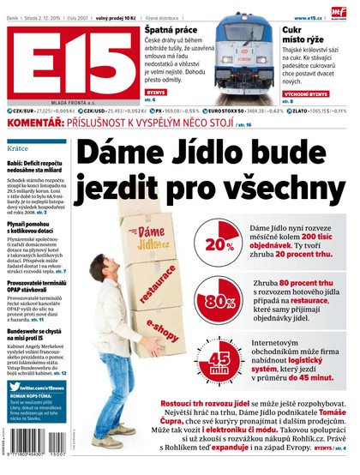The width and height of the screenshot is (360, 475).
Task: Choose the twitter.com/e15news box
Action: point(36,387)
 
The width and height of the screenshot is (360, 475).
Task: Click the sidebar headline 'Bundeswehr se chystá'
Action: point(36,329)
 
